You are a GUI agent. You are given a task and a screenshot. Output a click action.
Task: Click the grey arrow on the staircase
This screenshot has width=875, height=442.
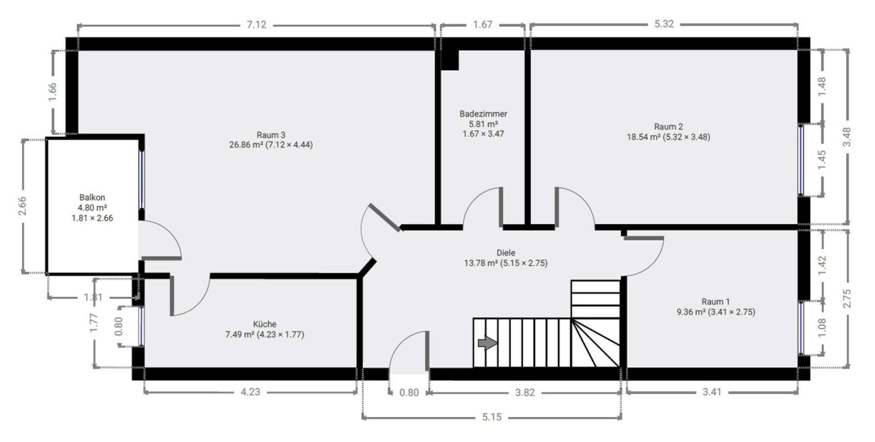pos(488,343)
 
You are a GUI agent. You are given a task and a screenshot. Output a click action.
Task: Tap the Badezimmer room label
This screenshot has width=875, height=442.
pos(483,114)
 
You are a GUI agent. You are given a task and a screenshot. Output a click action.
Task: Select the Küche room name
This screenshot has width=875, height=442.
pos(265,324)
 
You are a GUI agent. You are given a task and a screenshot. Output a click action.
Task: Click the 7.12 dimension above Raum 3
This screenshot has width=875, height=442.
pos(257,25)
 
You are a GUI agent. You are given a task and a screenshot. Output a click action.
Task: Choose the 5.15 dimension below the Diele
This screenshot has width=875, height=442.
pos(492,418)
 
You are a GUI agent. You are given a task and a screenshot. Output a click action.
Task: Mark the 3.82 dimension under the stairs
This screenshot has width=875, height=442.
pos(525,392)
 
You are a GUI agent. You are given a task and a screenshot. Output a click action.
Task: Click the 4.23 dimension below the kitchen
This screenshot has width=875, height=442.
pos(250,392)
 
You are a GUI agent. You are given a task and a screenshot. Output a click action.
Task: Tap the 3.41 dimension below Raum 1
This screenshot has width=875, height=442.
pos(712,392)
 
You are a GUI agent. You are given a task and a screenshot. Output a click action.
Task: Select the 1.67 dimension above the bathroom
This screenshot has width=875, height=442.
pos(483,25)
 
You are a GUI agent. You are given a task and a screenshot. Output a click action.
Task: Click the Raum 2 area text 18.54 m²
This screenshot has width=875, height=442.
pos(643,138)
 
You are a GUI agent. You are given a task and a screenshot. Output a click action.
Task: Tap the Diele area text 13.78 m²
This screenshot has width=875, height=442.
pos(484,264)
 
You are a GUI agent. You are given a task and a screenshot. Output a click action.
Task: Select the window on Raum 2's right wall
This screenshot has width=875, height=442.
pos(801,160)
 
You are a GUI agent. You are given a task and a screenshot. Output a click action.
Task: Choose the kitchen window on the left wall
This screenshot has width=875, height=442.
pos(142,326)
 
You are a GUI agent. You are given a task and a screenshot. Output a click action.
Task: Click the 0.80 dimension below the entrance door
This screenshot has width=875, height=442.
pos(409,392)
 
